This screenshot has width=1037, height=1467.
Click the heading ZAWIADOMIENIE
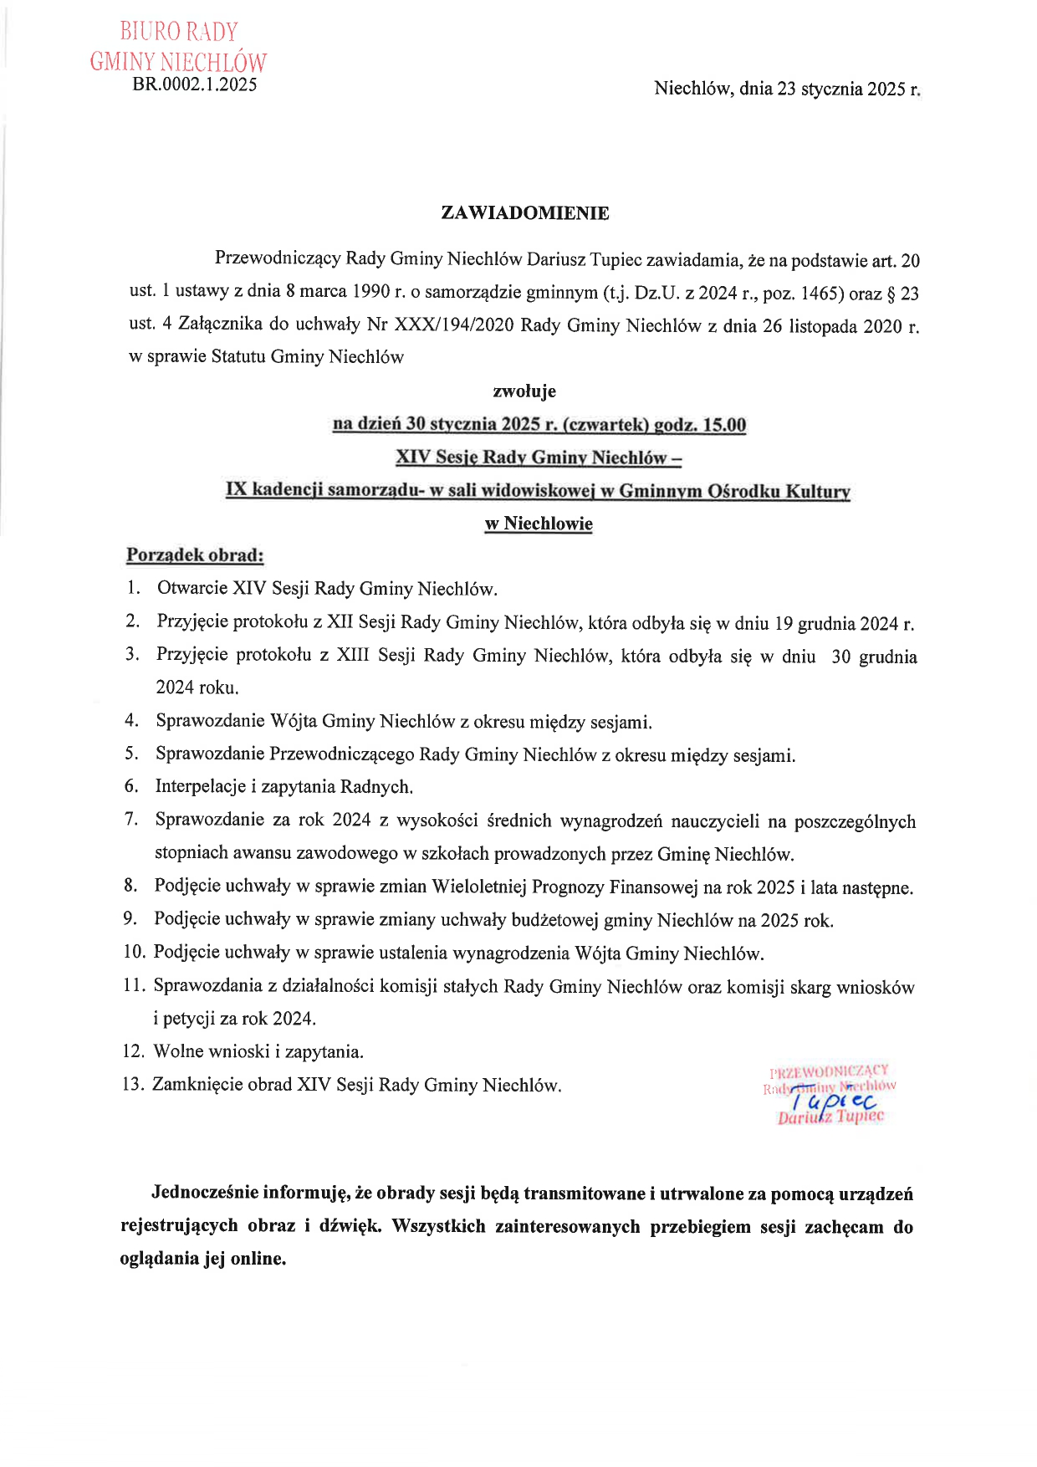[524, 213]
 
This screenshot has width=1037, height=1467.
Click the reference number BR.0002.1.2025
[195, 84]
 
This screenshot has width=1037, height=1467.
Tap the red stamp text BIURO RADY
[179, 32]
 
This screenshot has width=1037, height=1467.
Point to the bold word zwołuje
[524, 391]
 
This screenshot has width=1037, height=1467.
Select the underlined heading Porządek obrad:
[195, 555]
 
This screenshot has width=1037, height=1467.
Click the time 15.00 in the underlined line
[724, 425]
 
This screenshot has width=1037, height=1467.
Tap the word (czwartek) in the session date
[605, 425]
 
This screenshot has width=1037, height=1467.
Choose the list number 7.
[131, 819]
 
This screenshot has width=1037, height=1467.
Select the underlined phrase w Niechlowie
[539, 524]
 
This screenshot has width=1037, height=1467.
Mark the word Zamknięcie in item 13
[194, 1085]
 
